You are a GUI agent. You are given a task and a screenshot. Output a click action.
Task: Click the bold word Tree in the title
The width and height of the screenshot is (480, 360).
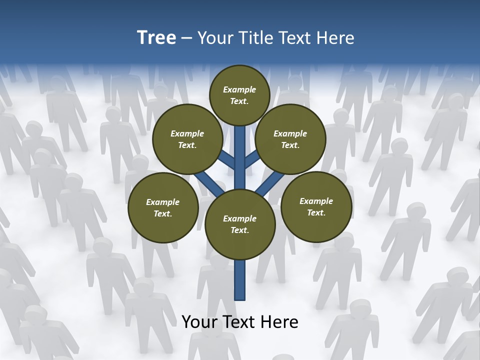(156, 37)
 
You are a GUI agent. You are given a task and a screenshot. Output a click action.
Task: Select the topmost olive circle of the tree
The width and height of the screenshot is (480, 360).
(239, 95)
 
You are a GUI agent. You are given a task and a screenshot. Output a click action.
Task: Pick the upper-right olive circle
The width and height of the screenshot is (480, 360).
(290, 139)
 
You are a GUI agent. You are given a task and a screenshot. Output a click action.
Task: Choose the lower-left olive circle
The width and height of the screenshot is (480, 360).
(163, 207)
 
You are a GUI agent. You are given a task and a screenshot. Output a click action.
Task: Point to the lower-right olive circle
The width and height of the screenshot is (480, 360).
(316, 206)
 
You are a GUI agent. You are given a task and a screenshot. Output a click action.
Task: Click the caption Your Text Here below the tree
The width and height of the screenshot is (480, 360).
(240, 322)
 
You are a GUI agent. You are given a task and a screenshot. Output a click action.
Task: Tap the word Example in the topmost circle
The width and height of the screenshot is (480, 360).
(239, 89)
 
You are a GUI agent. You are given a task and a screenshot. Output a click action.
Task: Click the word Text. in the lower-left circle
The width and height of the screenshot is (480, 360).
(163, 213)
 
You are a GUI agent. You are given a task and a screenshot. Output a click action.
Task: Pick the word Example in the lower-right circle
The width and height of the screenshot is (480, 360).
(316, 201)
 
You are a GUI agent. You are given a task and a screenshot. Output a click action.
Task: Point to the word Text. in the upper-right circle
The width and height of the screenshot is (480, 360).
(290, 145)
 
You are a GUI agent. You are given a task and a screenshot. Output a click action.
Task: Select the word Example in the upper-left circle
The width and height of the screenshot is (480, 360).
(187, 133)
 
